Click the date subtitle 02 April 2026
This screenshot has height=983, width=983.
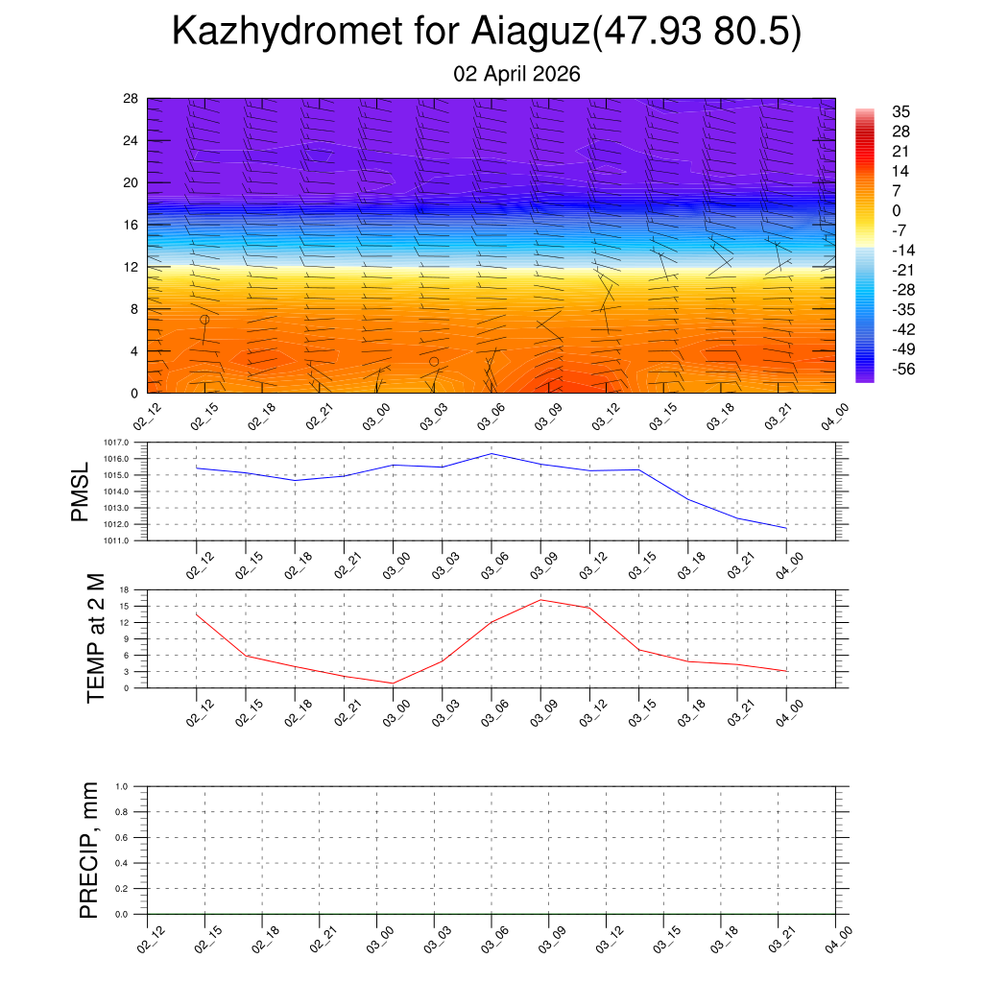pyautogui.click(x=516, y=74)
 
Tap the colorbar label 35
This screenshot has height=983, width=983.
pyautogui.click(x=900, y=110)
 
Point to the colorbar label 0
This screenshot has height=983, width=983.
pyautogui.click(x=897, y=210)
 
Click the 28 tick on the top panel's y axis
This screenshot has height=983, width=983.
pyautogui.click(x=131, y=99)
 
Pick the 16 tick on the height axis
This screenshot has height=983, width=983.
pyautogui.click(x=131, y=225)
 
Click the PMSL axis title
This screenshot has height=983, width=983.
pyautogui.click(x=80, y=491)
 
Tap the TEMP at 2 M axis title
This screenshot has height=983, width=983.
pyautogui.click(x=96, y=638)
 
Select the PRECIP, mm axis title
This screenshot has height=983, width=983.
pyautogui.click(x=89, y=851)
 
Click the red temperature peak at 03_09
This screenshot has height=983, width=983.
pyautogui.click(x=540, y=600)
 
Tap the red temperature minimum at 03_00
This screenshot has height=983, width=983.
pyautogui.click(x=393, y=683)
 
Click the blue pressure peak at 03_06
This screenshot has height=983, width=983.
pyautogui.click(x=491, y=453)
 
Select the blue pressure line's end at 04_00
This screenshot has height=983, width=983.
pyautogui.click(x=786, y=529)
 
